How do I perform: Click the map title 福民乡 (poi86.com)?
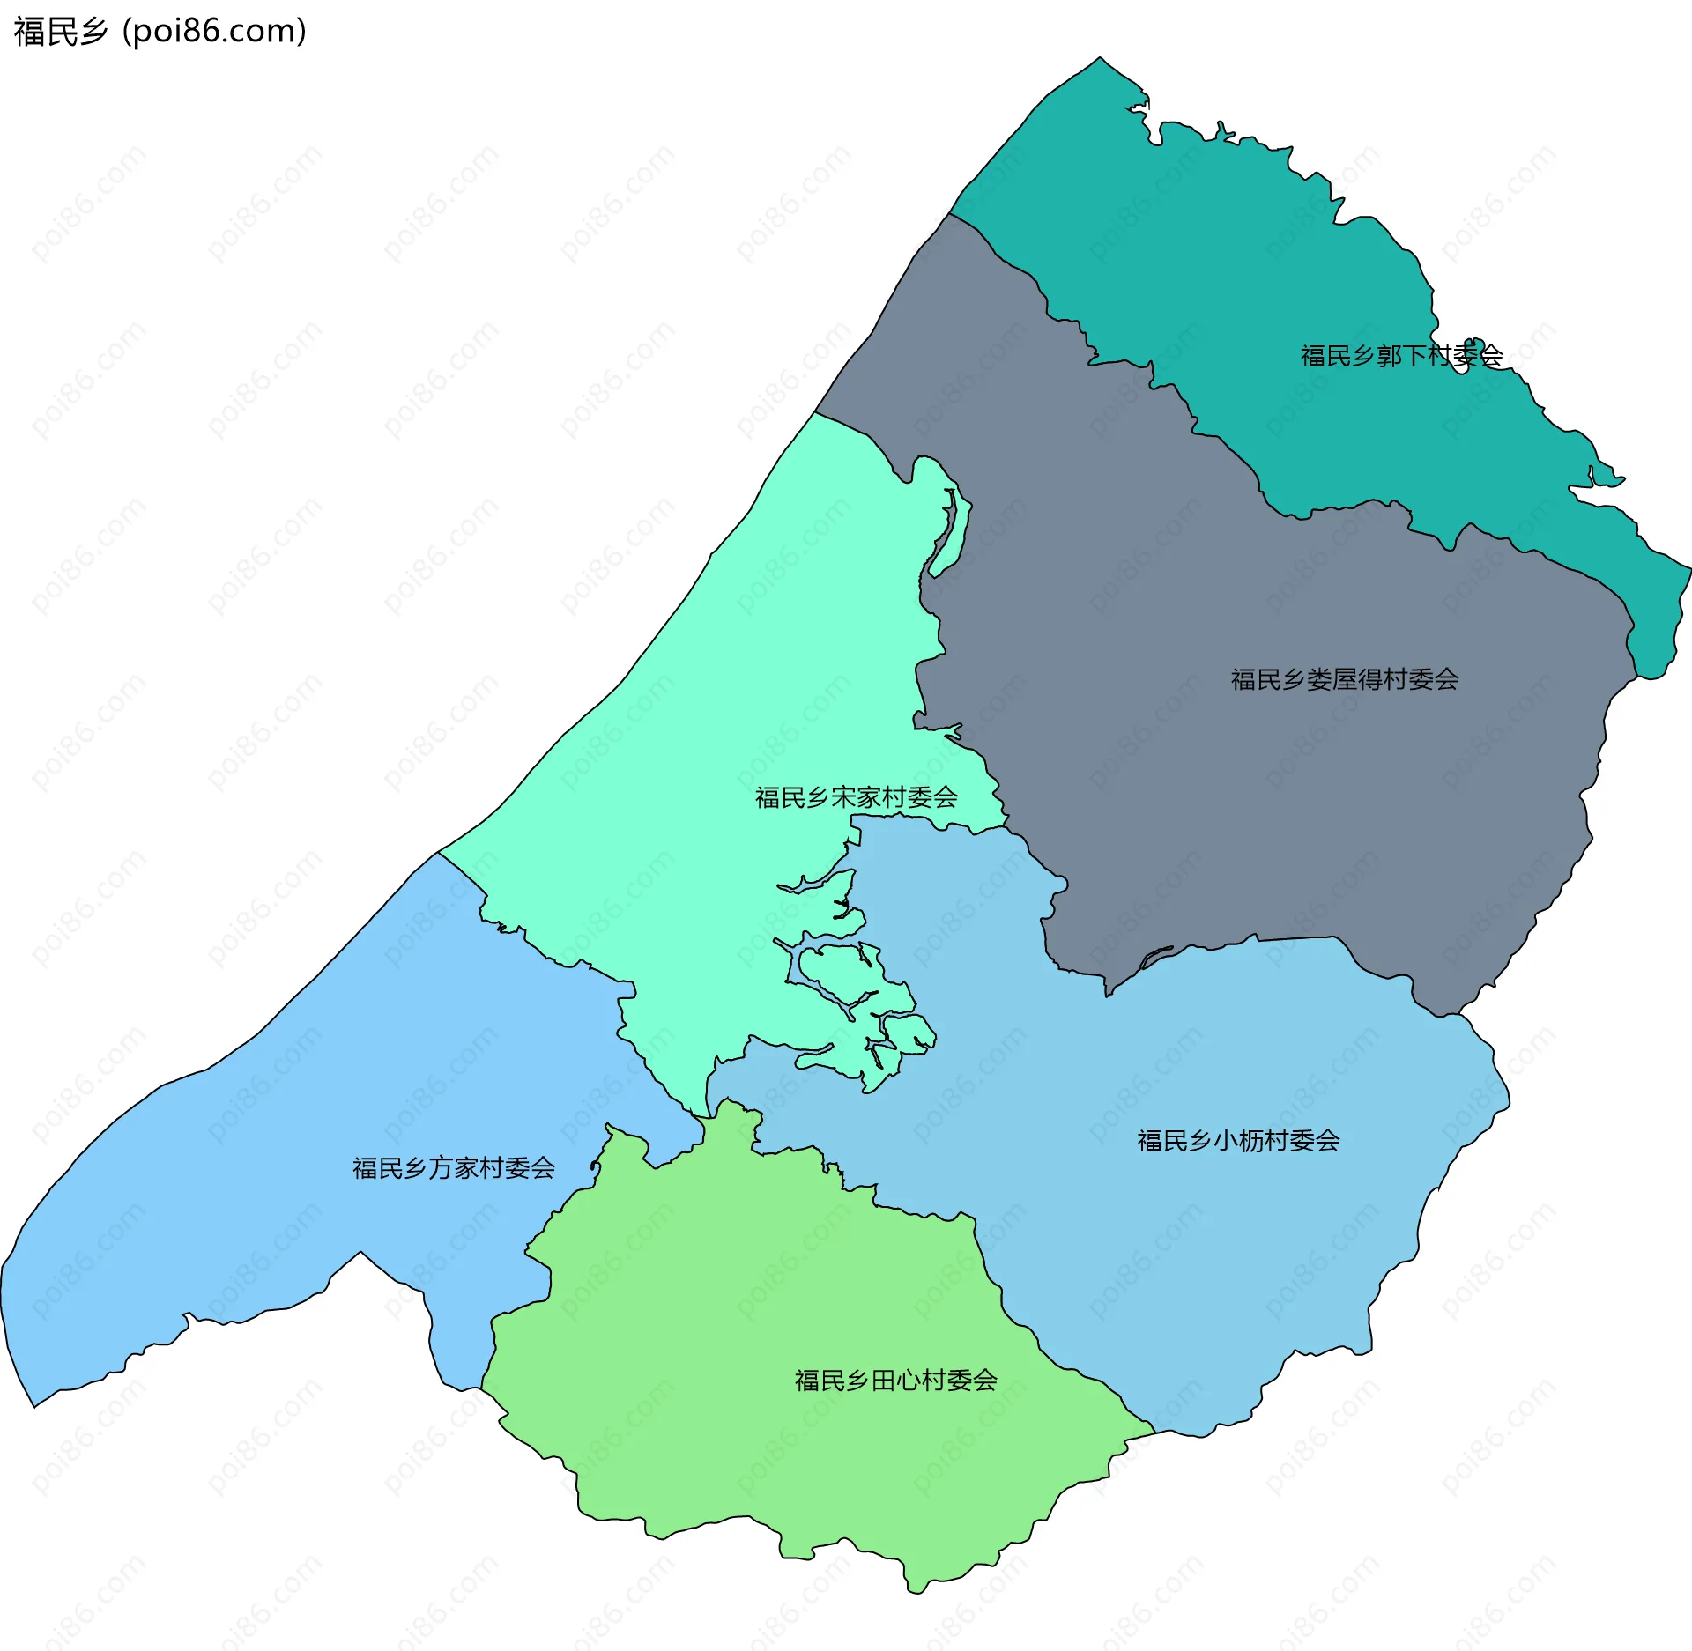tap(160, 32)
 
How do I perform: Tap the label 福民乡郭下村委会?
tap(1401, 356)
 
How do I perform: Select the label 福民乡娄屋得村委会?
tap(1345, 679)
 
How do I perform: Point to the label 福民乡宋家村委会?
tap(856, 797)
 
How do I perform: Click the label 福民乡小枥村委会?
tap(1238, 1141)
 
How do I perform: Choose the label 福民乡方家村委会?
tap(454, 1168)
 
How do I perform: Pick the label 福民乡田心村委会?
tap(895, 1381)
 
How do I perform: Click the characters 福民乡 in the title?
tap(61, 32)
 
